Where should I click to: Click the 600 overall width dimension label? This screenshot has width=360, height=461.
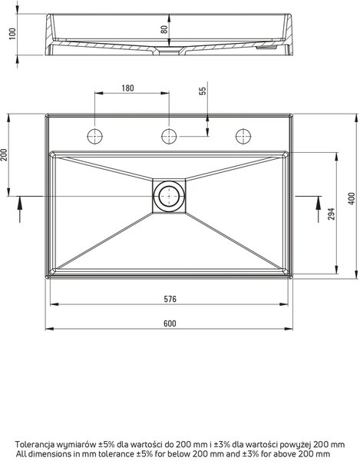pos(170,323)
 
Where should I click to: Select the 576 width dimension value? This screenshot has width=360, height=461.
pos(170,299)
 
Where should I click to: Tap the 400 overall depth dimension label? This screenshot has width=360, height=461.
pos(352,199)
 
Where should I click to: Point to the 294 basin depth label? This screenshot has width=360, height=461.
pos(331,214)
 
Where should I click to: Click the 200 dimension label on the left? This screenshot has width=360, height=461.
pos(5,154)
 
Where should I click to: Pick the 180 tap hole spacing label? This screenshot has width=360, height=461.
pos(127,88)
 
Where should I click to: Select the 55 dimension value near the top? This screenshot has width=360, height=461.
pos(203,91)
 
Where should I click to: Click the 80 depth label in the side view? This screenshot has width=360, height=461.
pos(164,29)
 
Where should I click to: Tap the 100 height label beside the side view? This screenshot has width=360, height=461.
pos(12,34)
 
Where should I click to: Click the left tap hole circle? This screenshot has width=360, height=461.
pos(95,137)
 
